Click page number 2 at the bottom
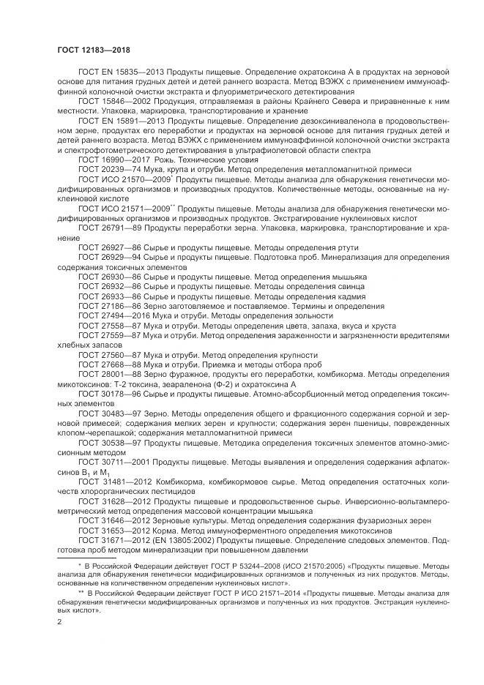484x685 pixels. [59, 621]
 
